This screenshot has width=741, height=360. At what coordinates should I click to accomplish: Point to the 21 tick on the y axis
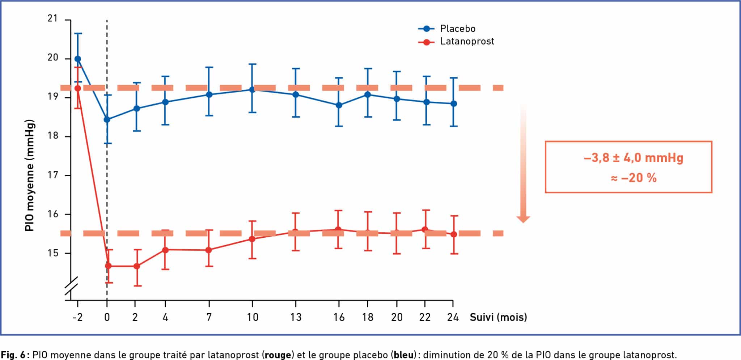point(53,18)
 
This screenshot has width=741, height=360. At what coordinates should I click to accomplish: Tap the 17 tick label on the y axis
point(53,175)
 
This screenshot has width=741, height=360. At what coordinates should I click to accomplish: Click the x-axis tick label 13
point(296,317)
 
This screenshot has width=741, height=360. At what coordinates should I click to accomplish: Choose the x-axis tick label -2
point(77,317)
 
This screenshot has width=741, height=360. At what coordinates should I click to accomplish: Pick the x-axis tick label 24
point(453,317)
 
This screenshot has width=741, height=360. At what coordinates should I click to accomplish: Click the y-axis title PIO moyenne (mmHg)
point(29,175)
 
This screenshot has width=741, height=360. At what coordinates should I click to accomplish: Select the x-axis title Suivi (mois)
point(498,317)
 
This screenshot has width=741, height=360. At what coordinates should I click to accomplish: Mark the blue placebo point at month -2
point(77,59)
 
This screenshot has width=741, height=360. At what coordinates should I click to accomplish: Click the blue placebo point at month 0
point(107,119)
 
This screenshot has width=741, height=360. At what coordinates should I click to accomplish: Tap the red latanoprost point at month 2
point(137,266)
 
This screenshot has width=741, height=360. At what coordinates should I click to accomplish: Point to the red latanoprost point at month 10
point(252,239)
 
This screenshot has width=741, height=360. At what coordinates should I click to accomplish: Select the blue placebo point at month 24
point(453,104)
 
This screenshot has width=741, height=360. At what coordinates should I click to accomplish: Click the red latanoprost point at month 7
point(209,250)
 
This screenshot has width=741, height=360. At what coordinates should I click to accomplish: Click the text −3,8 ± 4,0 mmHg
point(633,158)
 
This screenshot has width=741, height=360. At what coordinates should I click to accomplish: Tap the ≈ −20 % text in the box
point(633,178)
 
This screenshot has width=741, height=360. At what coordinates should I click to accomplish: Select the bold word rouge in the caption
point(278,355)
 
